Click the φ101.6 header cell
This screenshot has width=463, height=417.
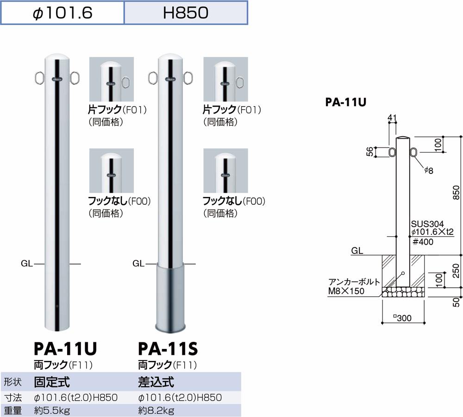(63, 13)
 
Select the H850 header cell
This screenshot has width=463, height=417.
(186, 13)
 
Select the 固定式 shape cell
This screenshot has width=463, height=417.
(52, 382)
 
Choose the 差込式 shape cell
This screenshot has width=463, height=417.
(156, 382)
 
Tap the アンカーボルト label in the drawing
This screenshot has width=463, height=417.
(355, 282)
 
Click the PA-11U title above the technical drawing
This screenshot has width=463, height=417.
(346, 102)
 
